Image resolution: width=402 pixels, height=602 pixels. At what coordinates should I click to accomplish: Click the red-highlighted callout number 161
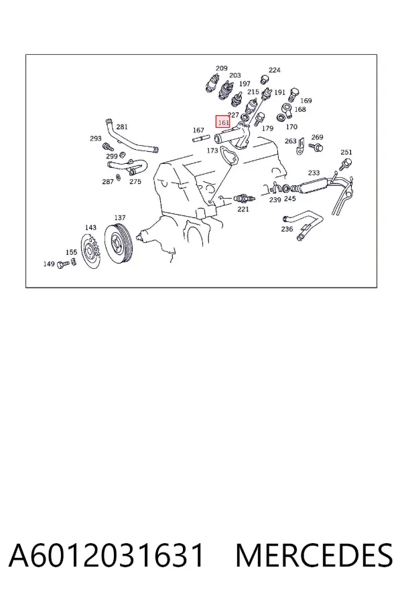tap(223, 122)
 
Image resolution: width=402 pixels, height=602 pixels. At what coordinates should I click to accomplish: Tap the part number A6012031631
tap(107, 555)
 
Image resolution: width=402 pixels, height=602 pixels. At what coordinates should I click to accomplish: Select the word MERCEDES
tap(314, 555)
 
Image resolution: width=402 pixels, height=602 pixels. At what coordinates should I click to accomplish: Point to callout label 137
tap(120, 217)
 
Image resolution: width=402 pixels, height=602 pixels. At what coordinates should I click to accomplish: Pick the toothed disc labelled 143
tap(91, 251)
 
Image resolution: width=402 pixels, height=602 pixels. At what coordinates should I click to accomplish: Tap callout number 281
tap(122, 127)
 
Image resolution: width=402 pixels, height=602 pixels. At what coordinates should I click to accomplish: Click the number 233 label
tap(314, 173)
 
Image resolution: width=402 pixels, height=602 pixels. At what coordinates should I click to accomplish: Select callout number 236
tap(287, 229)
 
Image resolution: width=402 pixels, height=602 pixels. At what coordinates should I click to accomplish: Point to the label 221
tap(243, 209)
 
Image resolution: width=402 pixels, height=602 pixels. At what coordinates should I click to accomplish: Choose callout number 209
tap(222, 68)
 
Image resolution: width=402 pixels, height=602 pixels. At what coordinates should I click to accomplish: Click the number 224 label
tap(275, 70)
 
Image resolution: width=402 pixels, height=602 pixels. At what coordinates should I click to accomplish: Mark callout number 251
tap(346, 152)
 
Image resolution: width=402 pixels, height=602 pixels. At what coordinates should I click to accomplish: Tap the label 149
tap(49, 264)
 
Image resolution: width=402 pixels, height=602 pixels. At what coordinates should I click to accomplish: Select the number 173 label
tap(212, 150)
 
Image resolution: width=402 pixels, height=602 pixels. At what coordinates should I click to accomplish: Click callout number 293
tap(96, 138)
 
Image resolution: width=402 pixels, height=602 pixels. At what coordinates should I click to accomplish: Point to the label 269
tap(318, 137)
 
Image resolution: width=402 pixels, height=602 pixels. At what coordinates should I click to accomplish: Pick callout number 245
tap(289, 199)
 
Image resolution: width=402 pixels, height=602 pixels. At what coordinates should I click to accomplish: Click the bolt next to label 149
tap(63, 264)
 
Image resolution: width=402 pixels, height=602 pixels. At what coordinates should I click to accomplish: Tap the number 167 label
tap(198, 130)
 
